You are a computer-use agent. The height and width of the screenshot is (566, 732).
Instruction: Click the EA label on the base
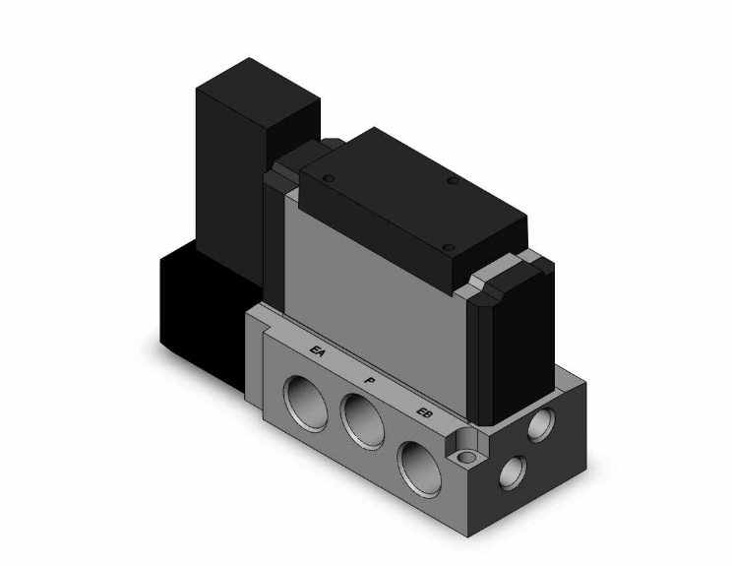[318, 350]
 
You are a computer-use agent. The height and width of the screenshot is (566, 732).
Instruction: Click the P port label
[370, 377]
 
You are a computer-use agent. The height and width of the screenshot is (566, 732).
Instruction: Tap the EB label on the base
[424, 411]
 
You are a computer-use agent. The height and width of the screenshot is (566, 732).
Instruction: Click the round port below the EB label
[417, 458]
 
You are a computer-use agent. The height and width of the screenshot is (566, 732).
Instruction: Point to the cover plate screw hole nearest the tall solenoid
[330, 178]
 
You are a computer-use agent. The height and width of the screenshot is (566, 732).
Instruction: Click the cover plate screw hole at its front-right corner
[447, 246]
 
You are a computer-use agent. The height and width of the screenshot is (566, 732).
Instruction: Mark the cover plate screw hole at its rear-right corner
[455, 180]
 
